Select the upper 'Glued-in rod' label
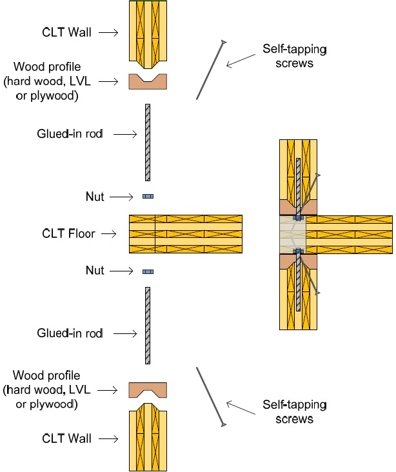[70, 134]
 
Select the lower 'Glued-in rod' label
[70, 333]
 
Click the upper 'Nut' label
[95, 196]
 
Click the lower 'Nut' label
[95, 271]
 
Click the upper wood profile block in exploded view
[148, 81]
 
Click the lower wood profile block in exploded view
[148, 389]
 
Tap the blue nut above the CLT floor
[148, 196]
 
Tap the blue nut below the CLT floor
[148, 271]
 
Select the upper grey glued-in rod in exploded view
[148, 142]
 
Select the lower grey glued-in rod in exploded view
[148, 325]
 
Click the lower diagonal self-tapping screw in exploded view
[210, 396]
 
